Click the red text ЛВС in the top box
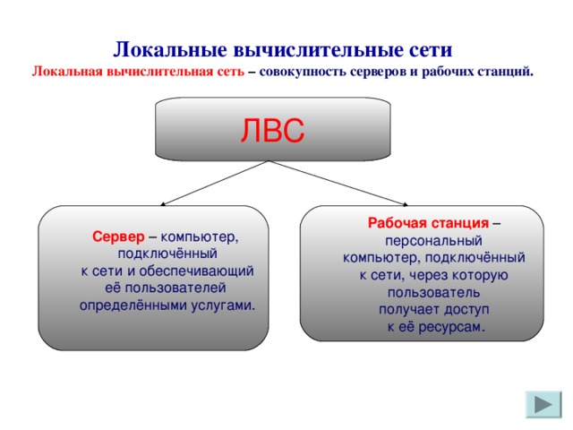coord(272,131)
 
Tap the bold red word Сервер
coord(117,237)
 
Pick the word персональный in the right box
coord(433,241)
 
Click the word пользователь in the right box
coord(434,292)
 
